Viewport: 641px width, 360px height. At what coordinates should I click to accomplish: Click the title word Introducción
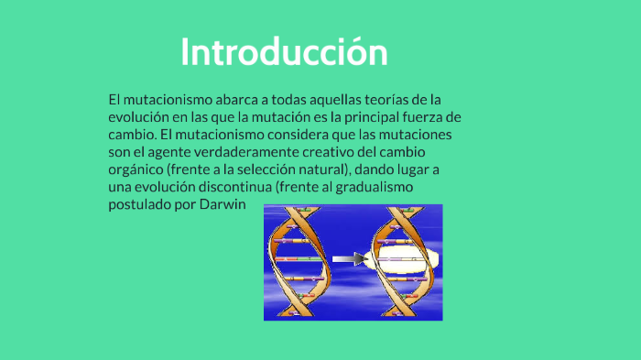point(284,51)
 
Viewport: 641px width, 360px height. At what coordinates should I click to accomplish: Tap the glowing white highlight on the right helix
point(401,262)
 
